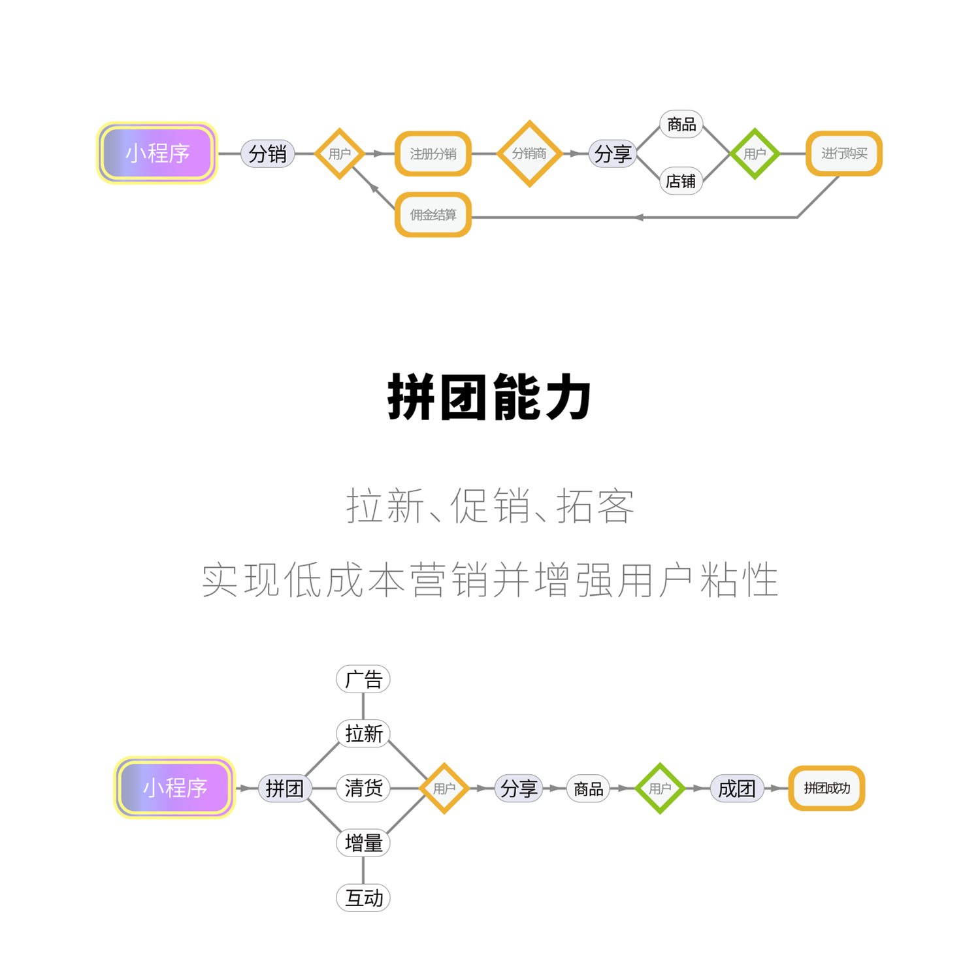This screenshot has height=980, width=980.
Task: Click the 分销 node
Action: pos(268,154)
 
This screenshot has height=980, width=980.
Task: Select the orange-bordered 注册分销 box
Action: pos(433,154)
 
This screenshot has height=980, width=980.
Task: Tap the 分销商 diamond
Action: pos(529,154)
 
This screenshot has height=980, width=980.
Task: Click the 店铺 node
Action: pos(681,181)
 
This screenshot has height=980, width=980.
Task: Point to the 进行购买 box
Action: pos(844,154)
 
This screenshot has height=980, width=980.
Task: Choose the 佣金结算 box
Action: pos(433,215)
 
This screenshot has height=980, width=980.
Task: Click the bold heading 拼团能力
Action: pos(489,397)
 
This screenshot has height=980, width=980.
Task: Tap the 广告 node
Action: pos(363,679)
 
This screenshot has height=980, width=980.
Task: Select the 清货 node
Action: pos(363,788)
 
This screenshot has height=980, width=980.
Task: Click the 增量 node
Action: pos(363,843)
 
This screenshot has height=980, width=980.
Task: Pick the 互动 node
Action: pos(363,898)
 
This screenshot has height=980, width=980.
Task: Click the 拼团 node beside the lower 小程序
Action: pos(284,789)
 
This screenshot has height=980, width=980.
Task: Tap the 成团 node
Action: pos(736,789)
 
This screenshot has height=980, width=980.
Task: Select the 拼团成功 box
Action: pos(826,789)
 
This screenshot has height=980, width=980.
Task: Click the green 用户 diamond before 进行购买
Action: pos(755,154)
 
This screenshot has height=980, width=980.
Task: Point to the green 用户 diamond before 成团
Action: pos(660,789)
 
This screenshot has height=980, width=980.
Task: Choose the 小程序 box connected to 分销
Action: pos(157,154)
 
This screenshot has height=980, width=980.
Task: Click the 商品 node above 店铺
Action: pos(681,124)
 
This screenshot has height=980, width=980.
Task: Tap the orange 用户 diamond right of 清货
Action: pos(444,789)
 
